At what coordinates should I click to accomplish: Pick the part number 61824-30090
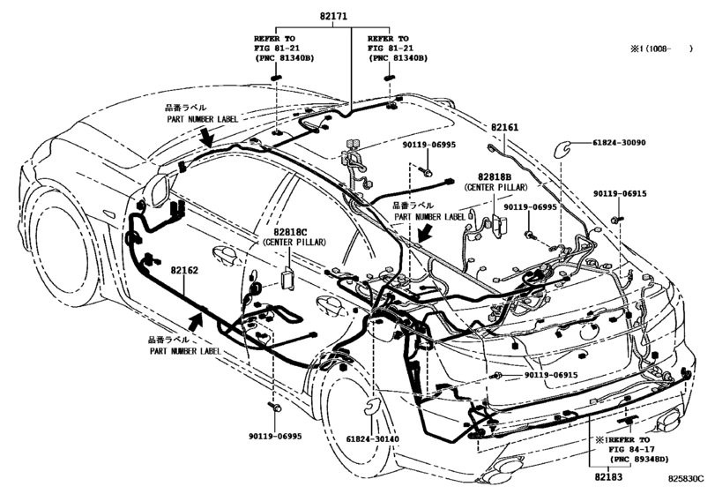(609, 143)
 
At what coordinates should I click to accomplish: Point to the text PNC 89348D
(637, 459)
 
